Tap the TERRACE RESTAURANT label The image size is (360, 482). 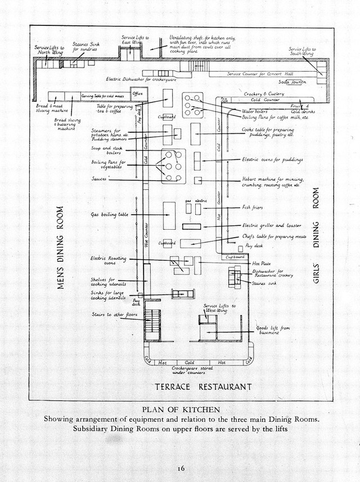tap(203, 387)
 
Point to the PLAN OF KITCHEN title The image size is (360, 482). tap(181, 409)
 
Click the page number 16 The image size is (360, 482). tap(180, 468)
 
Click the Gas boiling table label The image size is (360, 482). tap(110, 215)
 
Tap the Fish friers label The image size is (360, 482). tap(253, 207)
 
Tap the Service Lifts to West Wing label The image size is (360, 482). tap(220, 308)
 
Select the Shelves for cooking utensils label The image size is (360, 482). tap(106, 282)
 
